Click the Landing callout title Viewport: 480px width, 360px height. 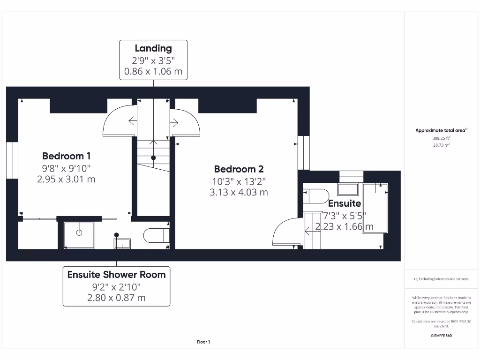[153, 48]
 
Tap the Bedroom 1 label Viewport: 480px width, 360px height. [66, 156]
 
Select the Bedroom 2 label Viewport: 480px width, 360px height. [239, 169]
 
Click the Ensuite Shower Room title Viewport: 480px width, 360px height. [116, 275]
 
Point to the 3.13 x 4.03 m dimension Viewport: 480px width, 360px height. [239, 192]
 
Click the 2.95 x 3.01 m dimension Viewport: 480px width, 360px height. [66, 179]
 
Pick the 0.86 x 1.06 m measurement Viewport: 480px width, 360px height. [153, 71]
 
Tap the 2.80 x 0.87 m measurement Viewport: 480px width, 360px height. [116, 298]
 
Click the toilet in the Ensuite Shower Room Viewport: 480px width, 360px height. [157, 235]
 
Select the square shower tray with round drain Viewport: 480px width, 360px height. [79, 235]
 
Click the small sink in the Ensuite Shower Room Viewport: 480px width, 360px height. [122, 244]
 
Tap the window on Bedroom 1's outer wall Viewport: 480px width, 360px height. [12, 160]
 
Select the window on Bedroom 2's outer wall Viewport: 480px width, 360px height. [304, 153]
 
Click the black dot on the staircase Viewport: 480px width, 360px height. [153, 158]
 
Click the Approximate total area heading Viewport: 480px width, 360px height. [441, 130]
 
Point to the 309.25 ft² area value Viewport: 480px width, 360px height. [441, 138]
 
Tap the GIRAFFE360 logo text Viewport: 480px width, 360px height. [441, 336]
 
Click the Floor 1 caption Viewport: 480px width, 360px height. [203, 342]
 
